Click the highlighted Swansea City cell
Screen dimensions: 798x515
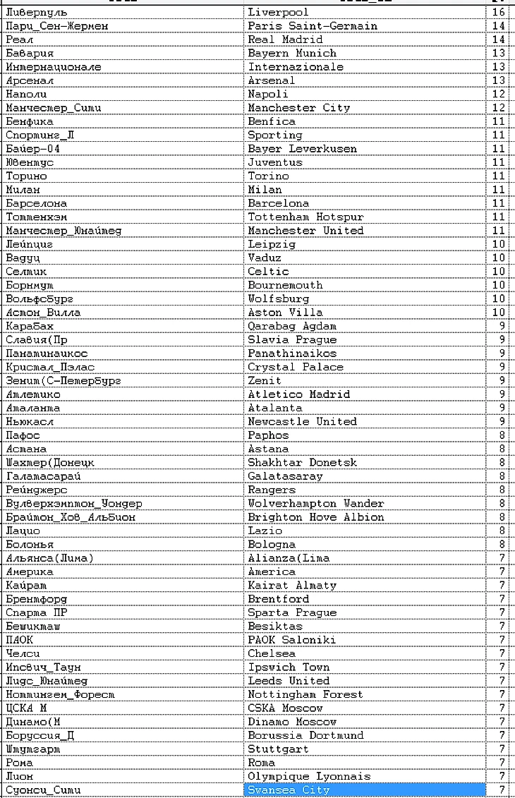point(289,790)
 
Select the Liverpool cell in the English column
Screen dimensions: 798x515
point(278,12)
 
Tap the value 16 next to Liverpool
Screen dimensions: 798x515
point(499,12)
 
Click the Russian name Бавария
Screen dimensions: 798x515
point(30,53)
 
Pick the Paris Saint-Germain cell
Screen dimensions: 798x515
point(312,25)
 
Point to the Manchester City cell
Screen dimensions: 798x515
point(298,107)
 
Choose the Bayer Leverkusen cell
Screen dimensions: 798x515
point(302,148)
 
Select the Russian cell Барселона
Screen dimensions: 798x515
point(36,203)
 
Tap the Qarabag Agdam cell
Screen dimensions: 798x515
point(291,326)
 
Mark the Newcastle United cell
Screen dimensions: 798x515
point(302,421)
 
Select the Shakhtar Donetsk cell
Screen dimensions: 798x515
point(302,462)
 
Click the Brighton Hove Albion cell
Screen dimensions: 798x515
point(315,516)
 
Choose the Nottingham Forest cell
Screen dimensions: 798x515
point(305,694)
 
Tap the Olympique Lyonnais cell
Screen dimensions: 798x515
point(308,776)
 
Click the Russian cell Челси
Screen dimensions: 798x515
point(23,653)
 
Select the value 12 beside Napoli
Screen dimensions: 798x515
point(499,94)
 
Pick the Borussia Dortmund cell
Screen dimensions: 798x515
point(305,735)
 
